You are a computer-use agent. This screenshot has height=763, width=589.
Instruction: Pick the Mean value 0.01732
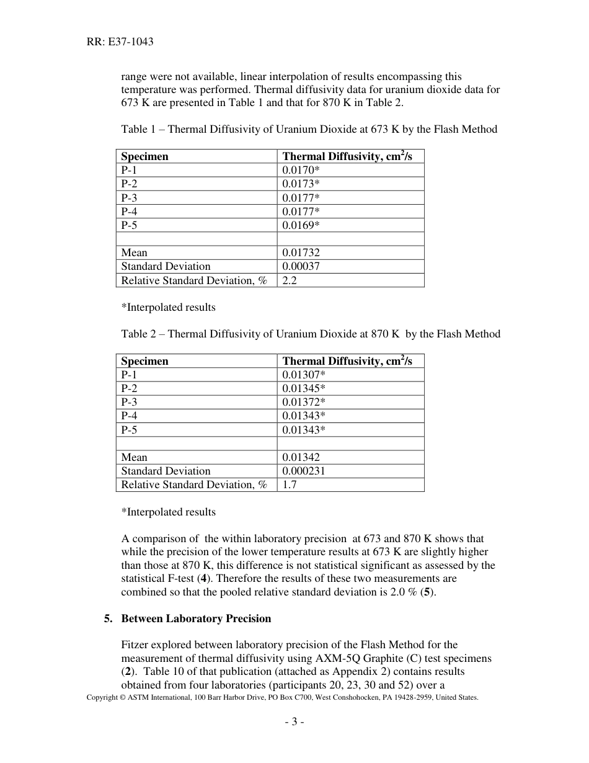pyautogui.click(x=301, y=252)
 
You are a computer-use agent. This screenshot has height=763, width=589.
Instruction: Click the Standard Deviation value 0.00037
pyautogui.click(x=301, y=266)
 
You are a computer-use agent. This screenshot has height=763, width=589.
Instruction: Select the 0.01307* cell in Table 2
pyautogui.click(x=304, y=375)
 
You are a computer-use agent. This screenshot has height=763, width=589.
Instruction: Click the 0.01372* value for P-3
pyautogui.click(x=304, y=402)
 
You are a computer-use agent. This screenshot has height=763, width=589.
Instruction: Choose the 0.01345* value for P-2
pyautogui.click(x=304, y=388)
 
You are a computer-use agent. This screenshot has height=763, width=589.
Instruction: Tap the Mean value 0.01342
pyautogui.click(x=301, y=457)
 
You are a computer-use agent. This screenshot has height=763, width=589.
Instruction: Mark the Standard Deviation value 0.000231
pyautogui.click(x=304, y=471)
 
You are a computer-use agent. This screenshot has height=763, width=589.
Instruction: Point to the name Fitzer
pyautogui.click(x=136, y=645)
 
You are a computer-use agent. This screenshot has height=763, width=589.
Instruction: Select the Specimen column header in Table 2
pyautogui.click(x=144, y=361)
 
